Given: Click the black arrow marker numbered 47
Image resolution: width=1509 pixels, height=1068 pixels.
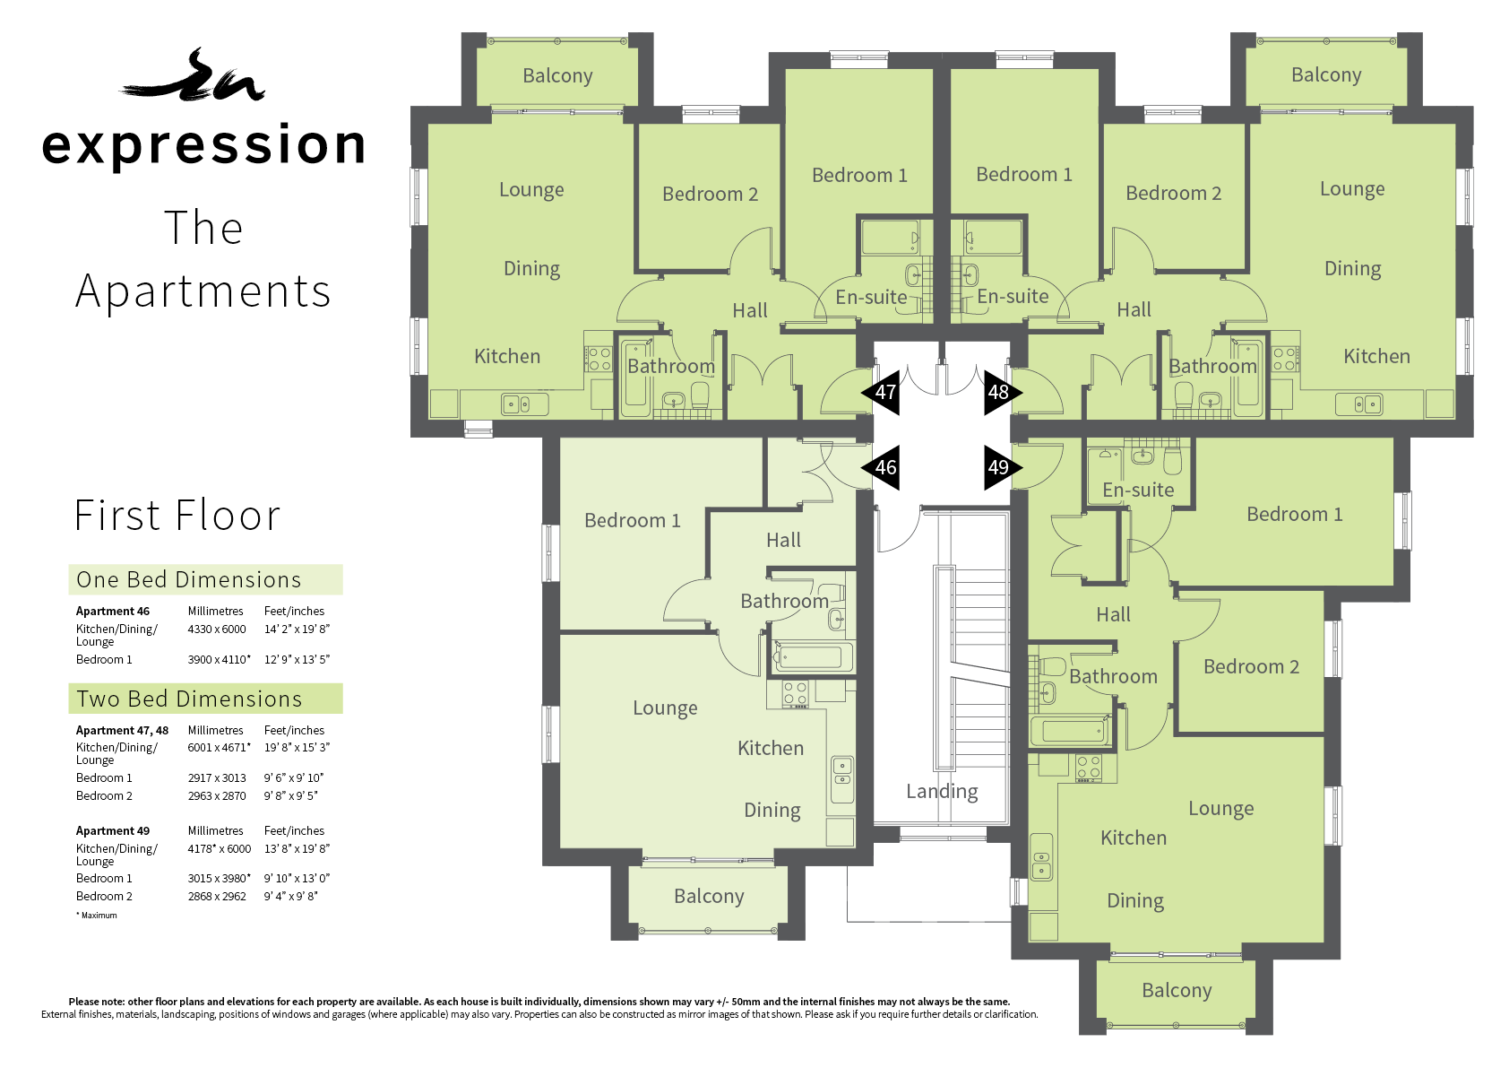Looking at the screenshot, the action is click(881, 393).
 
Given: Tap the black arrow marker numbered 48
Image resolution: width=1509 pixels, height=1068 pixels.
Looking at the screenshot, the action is click(1003, 393).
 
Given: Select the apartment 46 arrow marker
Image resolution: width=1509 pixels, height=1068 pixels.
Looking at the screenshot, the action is click(881, 467).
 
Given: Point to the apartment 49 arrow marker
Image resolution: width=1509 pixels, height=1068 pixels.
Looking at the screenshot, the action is click(1003, 467).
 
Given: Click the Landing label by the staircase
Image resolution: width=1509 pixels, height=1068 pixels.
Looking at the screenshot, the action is click(942, 792).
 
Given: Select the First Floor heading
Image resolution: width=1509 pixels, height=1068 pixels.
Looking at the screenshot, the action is click(177, 516).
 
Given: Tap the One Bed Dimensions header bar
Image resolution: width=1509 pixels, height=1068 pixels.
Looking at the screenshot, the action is click(205, 580).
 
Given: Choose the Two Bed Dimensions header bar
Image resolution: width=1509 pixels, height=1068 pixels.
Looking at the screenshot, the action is click(205, 699).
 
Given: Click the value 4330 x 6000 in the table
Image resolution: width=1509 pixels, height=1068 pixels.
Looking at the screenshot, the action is click(217, 630).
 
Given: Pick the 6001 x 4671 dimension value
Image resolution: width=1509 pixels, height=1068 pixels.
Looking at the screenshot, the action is click(219, 747).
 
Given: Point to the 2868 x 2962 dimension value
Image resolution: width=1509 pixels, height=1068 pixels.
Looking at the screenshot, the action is click(217, 896).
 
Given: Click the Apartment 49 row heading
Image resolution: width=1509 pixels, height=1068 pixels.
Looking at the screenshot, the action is click(113, 830).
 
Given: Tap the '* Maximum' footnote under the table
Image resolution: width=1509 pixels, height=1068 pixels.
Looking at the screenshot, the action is click(97, 915).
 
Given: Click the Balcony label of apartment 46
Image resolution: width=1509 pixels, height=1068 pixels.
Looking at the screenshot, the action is click(709, 896).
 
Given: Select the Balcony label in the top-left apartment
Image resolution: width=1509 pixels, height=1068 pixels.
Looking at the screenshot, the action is click(557, 75).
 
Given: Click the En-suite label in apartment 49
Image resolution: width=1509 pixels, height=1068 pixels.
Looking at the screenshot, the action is click(1138, 491).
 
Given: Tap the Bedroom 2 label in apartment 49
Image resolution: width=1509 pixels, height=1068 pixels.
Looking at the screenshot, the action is click(1251, 667).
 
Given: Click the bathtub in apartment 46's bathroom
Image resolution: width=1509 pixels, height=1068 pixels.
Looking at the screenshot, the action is click(813, 656).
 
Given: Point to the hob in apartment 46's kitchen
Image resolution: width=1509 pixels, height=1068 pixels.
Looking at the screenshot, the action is click(796, 693).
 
